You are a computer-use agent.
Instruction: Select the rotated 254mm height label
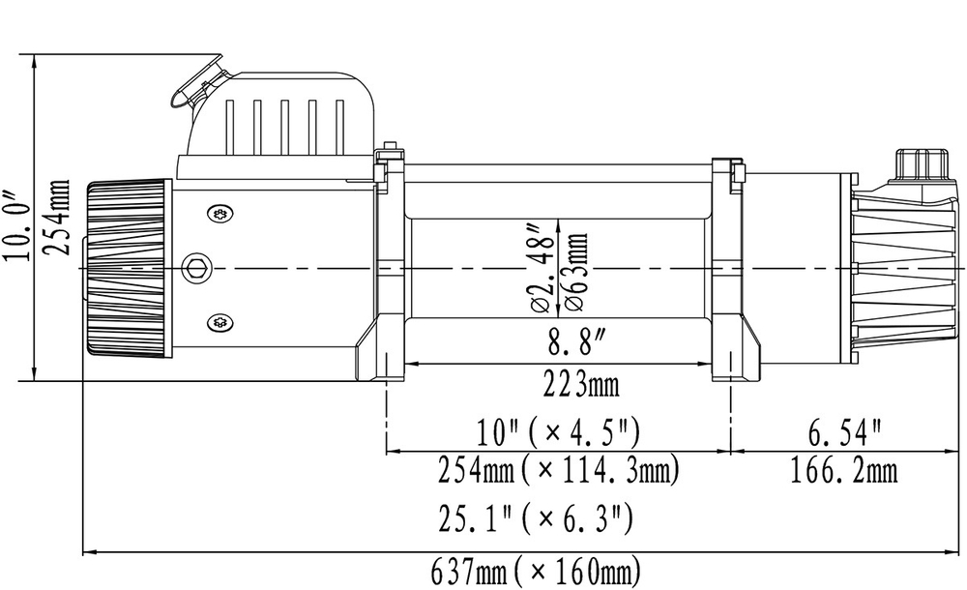[59, 217]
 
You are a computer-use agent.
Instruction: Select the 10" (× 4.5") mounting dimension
[558, 429]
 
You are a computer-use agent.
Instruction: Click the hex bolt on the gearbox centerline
[196, 268]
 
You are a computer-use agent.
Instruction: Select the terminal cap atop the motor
[919, 164]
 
